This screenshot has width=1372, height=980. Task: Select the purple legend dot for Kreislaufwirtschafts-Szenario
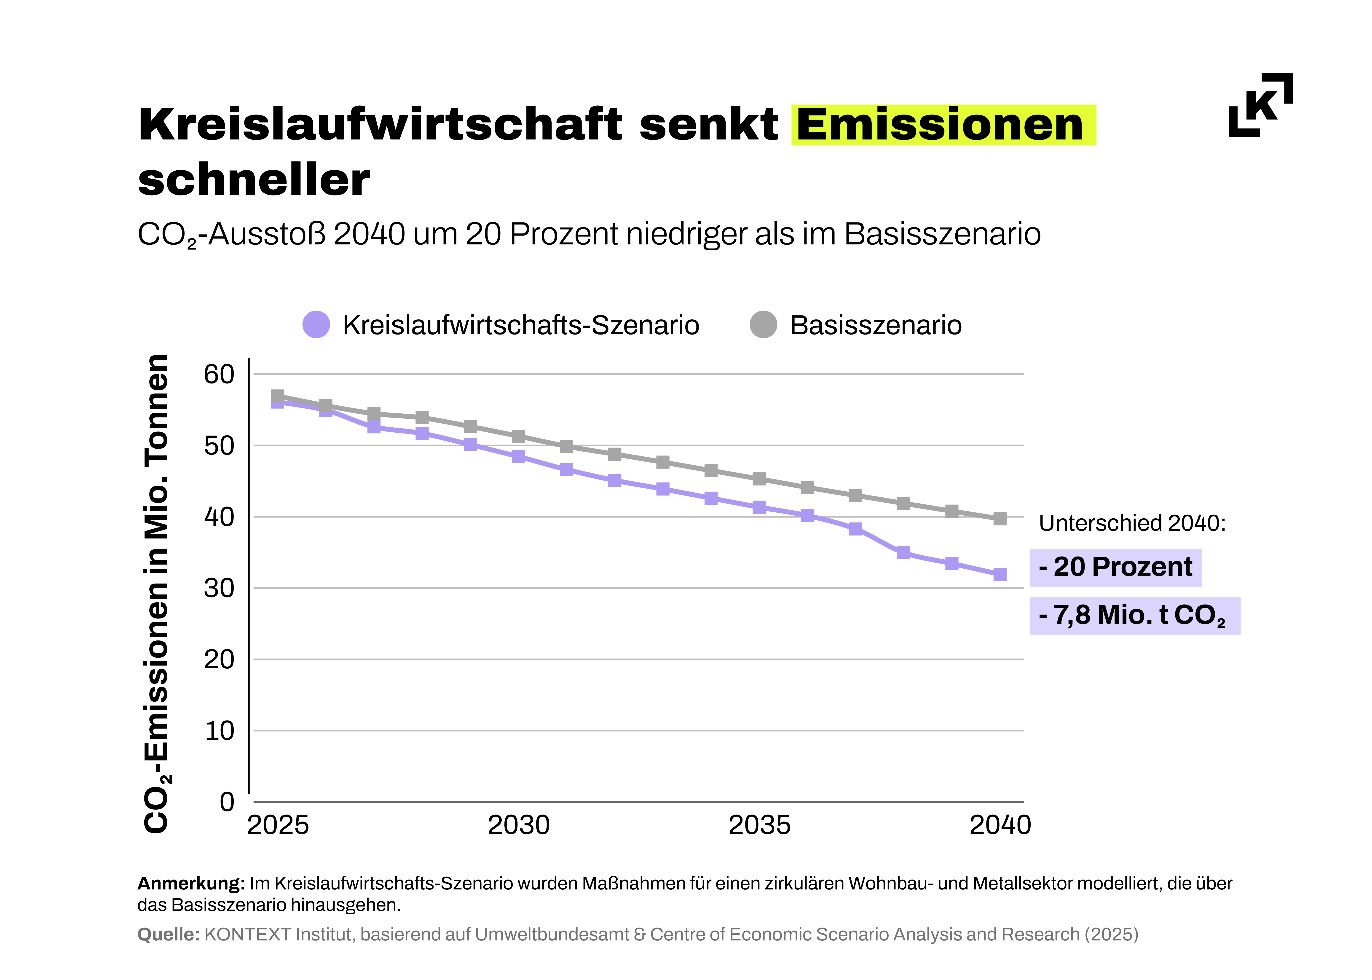click(316, 325)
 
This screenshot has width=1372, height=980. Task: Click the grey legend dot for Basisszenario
click(763, 325)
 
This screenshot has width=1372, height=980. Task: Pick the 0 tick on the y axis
click(227, 802)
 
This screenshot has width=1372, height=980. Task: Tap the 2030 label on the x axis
click(518, 825)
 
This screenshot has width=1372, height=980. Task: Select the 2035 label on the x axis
click(759, 825)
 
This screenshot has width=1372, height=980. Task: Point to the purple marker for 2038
click(903, 553)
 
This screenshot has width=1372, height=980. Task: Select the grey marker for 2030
click(518, 436)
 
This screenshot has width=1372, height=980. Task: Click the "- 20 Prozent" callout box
click(1115, 567)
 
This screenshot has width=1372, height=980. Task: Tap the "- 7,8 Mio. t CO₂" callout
click(1134, 616)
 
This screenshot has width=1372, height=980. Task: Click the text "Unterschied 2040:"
click(1132, 523)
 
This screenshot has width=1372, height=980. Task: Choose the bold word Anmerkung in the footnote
click(191, 884)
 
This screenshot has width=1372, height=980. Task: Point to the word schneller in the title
click(253, 180)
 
